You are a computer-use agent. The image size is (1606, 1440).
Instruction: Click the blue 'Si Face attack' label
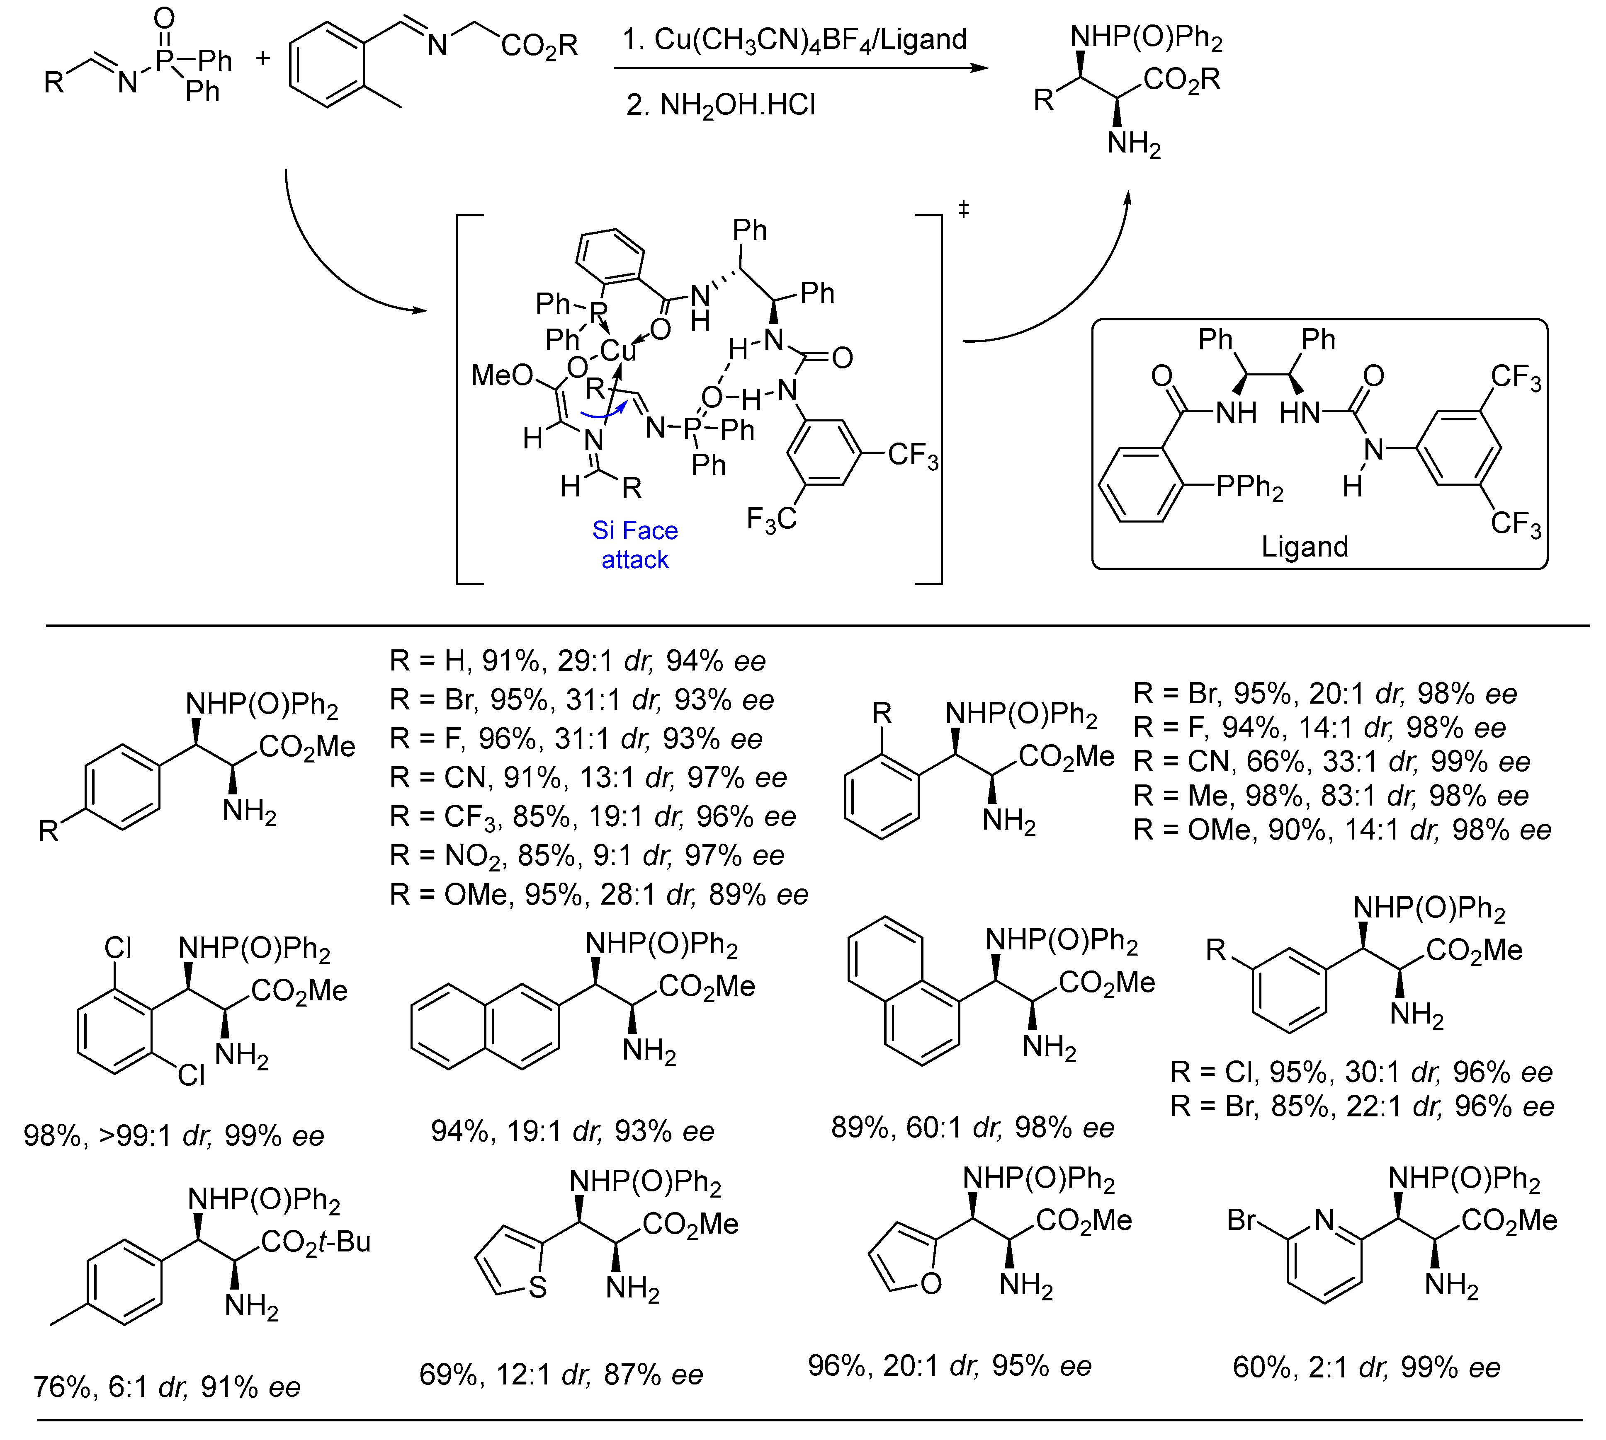point(635,545)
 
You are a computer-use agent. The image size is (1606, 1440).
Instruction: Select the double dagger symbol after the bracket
point(963,210)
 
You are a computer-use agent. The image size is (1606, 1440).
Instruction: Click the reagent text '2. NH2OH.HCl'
point(720,105)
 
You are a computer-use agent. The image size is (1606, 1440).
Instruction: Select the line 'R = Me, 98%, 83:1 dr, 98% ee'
point(1331,795)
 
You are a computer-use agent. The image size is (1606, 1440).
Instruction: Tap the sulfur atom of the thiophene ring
point(537,1287)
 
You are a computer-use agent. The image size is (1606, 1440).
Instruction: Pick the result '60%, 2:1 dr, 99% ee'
point(1366,1367)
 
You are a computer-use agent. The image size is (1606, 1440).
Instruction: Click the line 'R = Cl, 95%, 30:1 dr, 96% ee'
point(1361,1072)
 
